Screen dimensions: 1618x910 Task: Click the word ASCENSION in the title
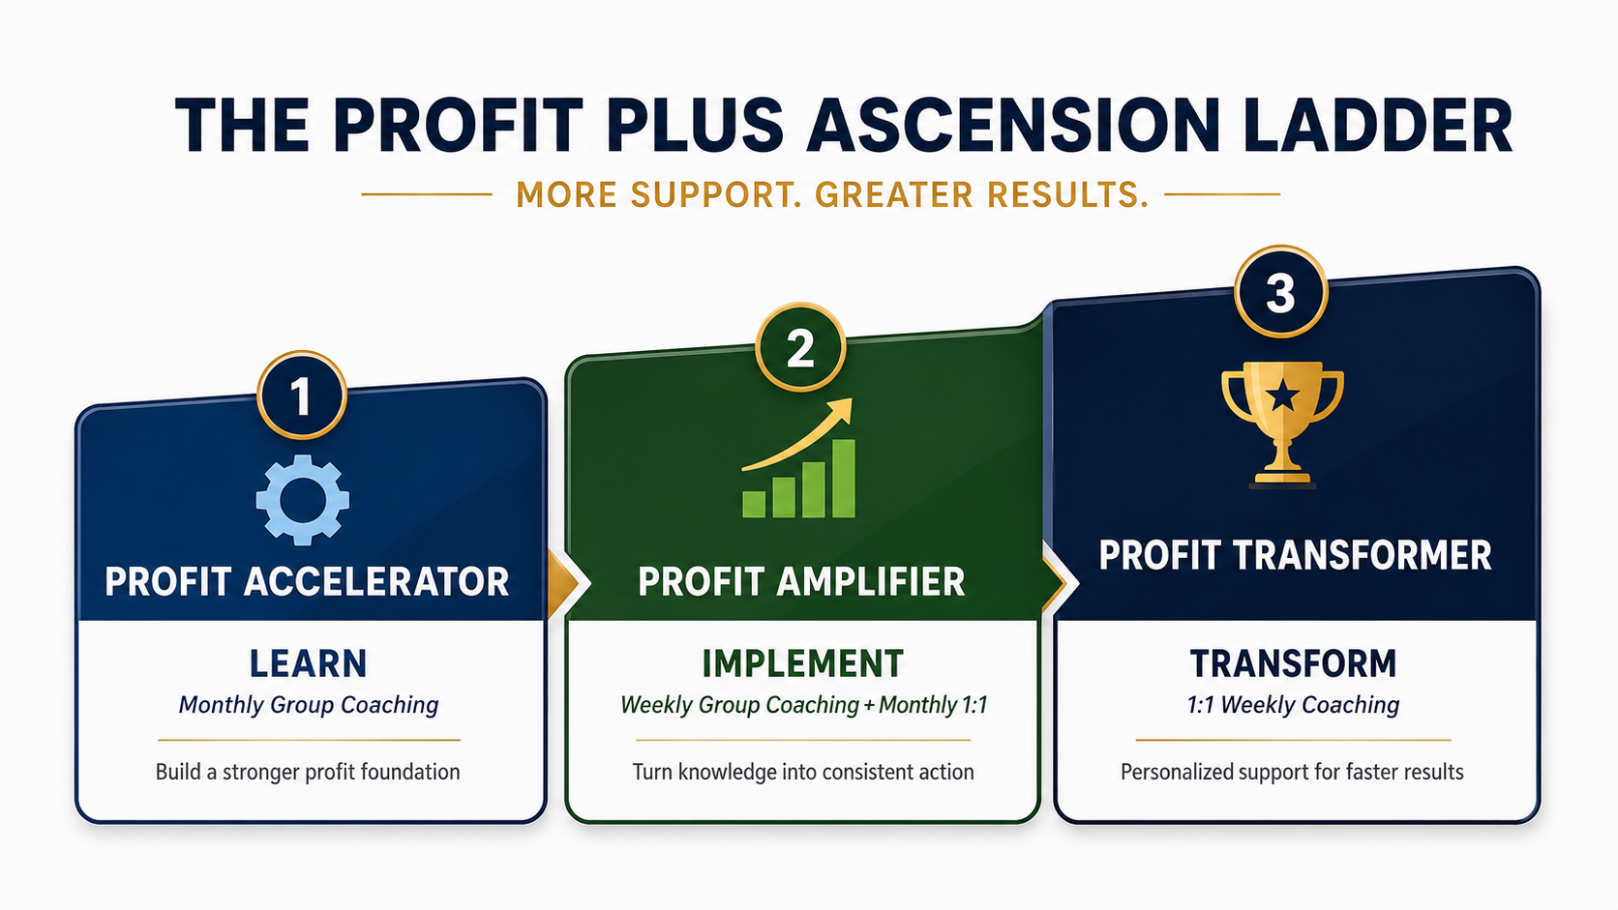[x=1012, y=125]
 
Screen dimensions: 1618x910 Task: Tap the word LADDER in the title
[x=1377, y=125]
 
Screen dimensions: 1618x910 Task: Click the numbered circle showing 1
[x=302, y=395]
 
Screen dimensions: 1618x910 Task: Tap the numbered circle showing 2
[x=800, y=347]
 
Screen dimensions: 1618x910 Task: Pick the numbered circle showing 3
[x=1280, y=291]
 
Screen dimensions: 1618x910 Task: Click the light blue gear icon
[x=303, y=499]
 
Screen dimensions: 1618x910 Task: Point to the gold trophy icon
[x=1282, y=424]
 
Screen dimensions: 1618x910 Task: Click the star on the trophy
[x=1283, y=396]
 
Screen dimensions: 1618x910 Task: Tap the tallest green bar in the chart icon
[x=844, y=479]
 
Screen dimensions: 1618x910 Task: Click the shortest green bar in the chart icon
[x=754, y=505]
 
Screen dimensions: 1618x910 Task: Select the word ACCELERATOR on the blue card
[x=375, y=581]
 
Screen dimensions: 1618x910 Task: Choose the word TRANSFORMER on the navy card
[x=1362, y=556]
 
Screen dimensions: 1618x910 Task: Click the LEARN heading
[x=309, y=664]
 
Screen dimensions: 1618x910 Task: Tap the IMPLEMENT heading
[x=802, y=664]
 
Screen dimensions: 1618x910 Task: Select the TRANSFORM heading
[x=1293, y=664]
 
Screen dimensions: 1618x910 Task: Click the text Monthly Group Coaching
[x=309, y=705]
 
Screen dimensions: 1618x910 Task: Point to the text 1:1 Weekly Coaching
[x=1293, y=705]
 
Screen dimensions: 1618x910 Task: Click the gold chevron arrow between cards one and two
[x=564, y=583]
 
